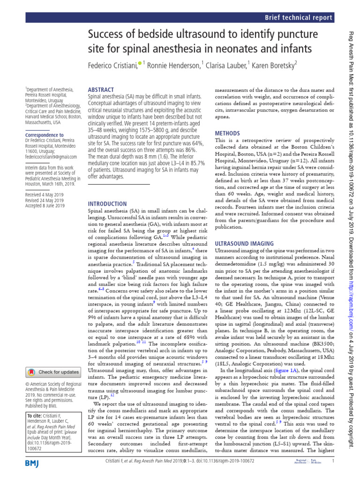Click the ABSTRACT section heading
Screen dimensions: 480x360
point(101,90)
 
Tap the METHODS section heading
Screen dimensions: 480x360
point(227,133)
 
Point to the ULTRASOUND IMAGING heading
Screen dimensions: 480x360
point(244,244)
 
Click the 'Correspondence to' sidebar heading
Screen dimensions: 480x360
point(44,135)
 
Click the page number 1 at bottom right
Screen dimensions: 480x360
point(332,474)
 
